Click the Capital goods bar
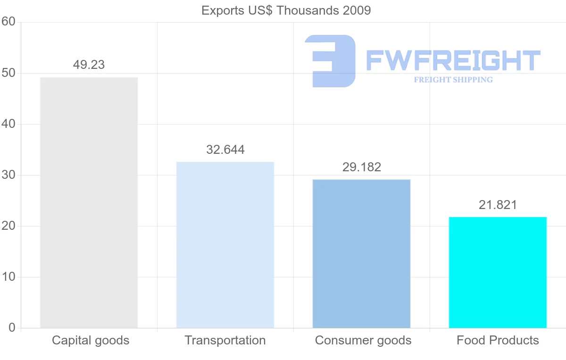(89, 202)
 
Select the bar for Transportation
(225, 245)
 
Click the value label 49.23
(89, 65)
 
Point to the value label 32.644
(225, 150)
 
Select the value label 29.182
(362, 167)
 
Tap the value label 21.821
(498, 205)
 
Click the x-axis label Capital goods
(91, 340)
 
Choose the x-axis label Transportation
(225, 340)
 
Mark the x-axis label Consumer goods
(363, 340)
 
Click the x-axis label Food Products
(498, 340)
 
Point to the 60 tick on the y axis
(8, 22)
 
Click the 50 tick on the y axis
(8, 73)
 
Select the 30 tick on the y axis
(8, 175)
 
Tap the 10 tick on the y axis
(8, 277)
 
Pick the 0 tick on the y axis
(12, 328)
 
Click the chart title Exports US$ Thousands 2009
(286, 10)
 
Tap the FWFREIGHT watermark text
(453, 60)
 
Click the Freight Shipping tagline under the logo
(453, 80)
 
